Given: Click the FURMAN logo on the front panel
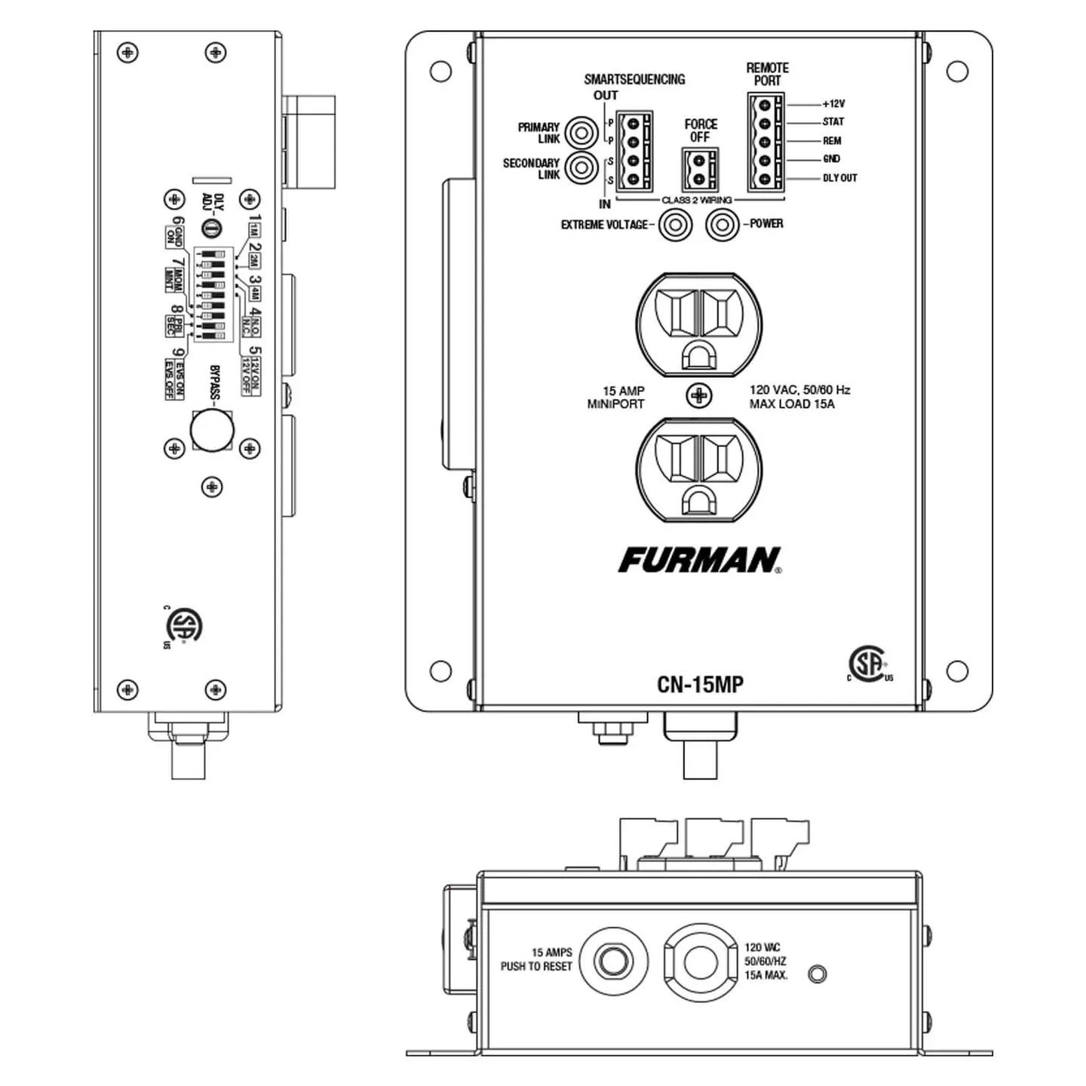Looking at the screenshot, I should coord(699,560).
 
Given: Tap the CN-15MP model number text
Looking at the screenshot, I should coord(700,684).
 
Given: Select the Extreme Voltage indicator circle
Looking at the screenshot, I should coord(675,225).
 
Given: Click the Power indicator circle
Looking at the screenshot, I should coord(722,225).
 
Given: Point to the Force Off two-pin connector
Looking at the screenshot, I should coord(700,170).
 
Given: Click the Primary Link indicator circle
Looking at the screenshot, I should coord(581,133).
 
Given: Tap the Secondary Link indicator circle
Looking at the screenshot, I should coord(581,167).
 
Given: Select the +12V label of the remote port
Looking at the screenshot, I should coord(833,103).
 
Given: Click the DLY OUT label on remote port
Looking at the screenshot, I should coord(839,178).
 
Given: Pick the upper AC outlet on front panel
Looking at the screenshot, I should coord(699,325).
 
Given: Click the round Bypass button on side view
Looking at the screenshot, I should coord(212,430).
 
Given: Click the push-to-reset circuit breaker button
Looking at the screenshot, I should coord(610,962).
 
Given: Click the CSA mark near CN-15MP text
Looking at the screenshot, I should coord(869,664).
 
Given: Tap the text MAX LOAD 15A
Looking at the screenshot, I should coord(791,404).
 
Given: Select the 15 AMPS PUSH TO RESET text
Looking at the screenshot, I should coord(536,959).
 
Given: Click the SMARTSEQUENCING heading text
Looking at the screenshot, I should coord(634,79).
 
